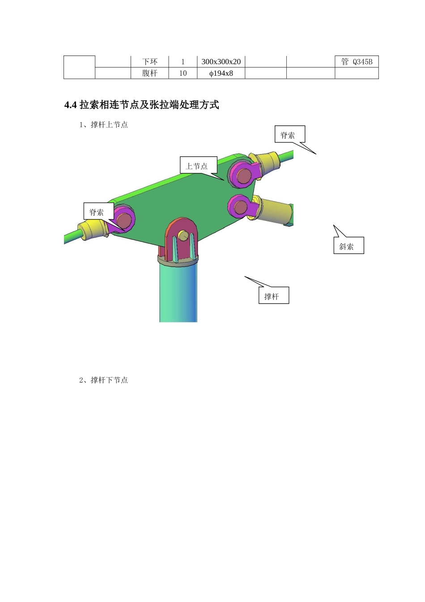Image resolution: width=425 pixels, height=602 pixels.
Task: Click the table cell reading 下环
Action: click(x=150, y=62)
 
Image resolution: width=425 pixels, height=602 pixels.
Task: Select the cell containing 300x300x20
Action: click(x=221, y=62)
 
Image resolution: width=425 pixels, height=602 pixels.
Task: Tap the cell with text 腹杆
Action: click(x=150, y=73)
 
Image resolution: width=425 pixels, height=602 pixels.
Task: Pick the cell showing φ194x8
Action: click(x=221, y=73)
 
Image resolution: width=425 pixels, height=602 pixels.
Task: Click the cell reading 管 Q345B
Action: click(x=357, y=62)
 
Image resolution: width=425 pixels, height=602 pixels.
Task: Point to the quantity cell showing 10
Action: click(x=183, y=73)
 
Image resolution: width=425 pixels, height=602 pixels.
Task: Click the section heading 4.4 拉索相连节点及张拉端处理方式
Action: click(x=142, y=105)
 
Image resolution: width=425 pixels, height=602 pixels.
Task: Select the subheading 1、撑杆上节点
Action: click(x=103, y=125)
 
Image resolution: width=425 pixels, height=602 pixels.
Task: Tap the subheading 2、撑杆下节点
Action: click(x=103, y=380)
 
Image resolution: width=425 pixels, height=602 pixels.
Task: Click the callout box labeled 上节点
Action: click(x=197, y=165)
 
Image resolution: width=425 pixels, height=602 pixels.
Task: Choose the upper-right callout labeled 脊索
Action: click(x=290, y=134)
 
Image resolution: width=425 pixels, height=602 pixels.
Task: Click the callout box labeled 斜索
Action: click(x=348, y=245)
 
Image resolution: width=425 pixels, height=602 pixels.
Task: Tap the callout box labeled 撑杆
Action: click(x=273, y=296)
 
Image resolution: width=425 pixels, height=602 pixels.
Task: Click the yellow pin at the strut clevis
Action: click(x=182, y=235)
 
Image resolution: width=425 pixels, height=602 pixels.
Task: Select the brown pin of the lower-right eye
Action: click(x=241, y=207)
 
